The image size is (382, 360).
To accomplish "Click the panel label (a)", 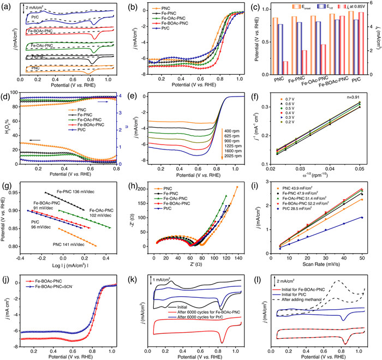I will (x=6, y=7).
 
